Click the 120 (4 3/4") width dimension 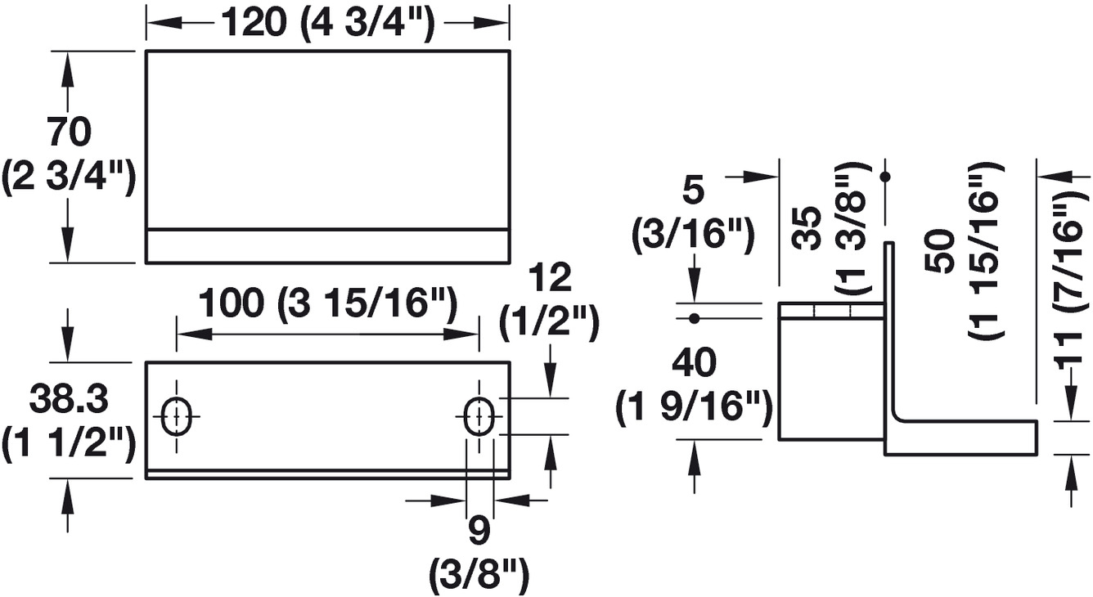[x=326, y=25]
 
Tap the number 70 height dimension [x=68, y=131]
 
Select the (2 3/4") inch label [x=68, y=177]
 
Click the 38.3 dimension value [x=68, y=401]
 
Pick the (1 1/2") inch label [x=68, y=446]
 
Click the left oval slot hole [x=176, y=418]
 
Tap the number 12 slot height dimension [x=550, y=279]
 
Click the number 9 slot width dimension [x=479, y=532]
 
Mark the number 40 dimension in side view [x=694, y=362]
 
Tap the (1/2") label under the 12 [x=550, y=325]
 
